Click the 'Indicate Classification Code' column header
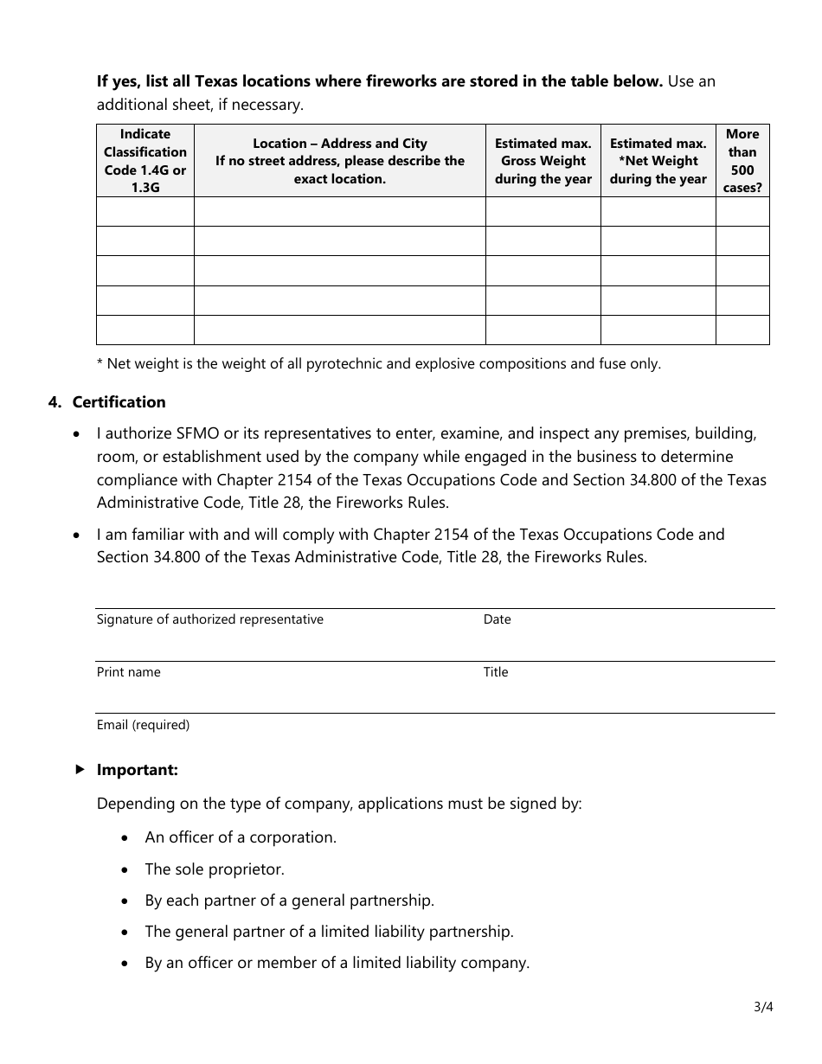point(144,161)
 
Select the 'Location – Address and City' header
point(340,161)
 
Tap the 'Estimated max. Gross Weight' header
point(543,161)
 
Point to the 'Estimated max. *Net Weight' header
point(658,161)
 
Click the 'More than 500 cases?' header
point(742,161)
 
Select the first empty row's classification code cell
point(144,212)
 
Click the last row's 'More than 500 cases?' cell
point(742,330)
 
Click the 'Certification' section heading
point(119,402)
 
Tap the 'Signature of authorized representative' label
point(210,619)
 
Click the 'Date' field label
point(498,619)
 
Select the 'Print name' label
point(128,672)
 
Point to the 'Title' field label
point(496,672)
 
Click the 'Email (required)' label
point(143,725)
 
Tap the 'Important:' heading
point(138,770)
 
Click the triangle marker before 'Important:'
point(80,769)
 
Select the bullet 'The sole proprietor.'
point(215,869)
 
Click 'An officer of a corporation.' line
point(241,837)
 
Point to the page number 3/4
point(762,1007)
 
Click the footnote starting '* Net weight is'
point(378,364)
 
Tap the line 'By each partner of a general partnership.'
point(289,901)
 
